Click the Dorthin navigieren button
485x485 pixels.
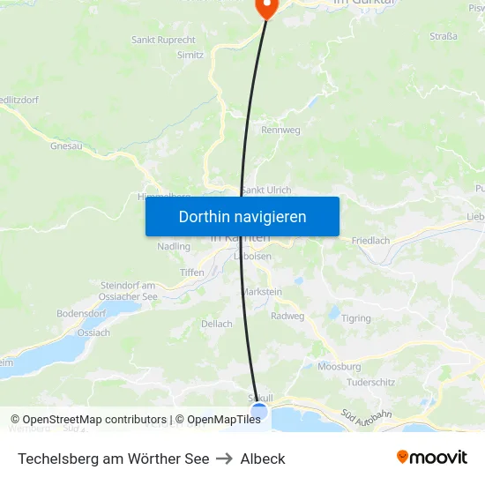pos(242,216)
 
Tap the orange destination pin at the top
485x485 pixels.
pos(265,7)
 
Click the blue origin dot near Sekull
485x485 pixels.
pos(258,411)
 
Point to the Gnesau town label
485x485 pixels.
pos(66,145)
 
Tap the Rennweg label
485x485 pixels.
pos(280,131)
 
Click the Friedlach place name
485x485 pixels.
pos(370,240)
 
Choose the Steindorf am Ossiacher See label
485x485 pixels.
pos(128,290)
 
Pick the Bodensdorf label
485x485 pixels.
pos(81,314)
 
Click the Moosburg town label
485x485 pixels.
pos(339,366)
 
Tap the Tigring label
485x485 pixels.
pos(356,318)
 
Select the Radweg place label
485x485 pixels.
pos(287,316)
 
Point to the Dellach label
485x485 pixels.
pos(217,324)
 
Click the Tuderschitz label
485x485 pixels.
pos(370,382)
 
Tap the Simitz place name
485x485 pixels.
pos(190,55)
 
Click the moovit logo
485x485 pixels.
pos(432,458)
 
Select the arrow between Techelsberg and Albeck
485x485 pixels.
pos(225,459)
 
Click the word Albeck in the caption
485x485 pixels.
pos(263,459)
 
